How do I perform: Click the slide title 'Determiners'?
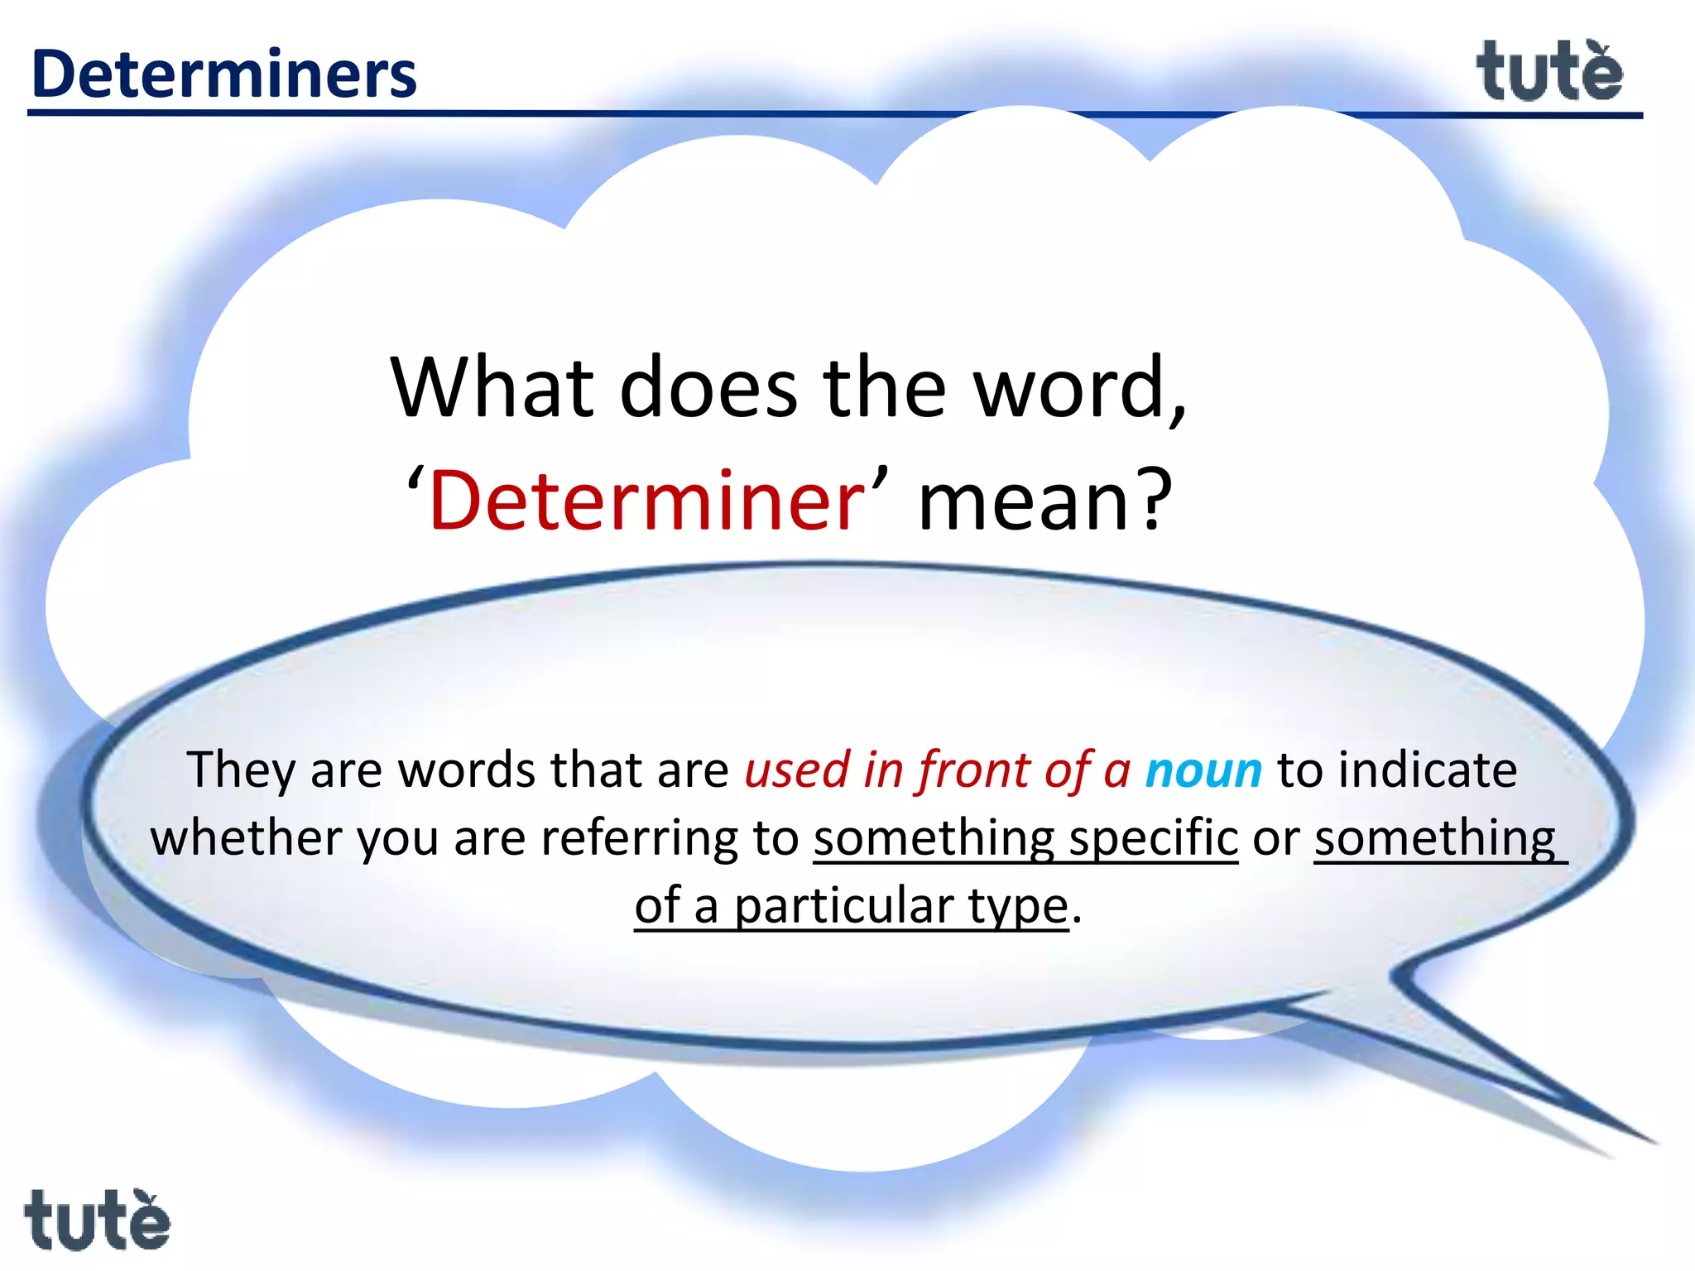[223, 74]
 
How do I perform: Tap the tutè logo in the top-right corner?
[1549, 73]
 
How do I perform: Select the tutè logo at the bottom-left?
[97, 1220]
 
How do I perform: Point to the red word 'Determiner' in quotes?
[646, 500]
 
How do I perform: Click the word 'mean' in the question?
[1021, 500]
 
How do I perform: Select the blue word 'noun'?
[1203, 770]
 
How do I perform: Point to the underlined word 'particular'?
[844, 906]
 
